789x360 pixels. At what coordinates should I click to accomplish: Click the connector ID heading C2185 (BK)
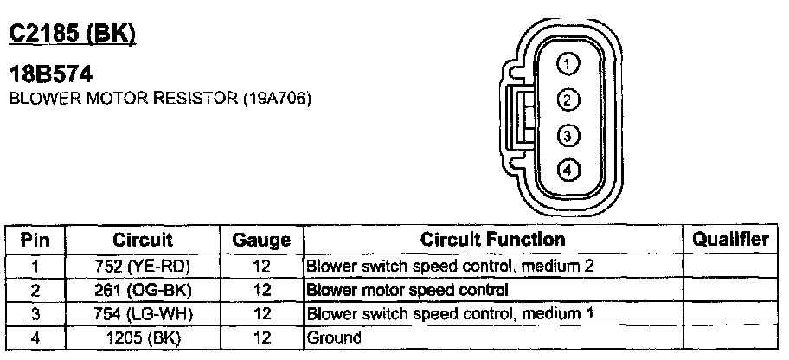click(72, 34)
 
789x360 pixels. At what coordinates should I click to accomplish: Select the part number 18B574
click(51, 75)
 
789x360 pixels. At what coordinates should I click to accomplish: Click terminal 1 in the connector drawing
click(567, 63)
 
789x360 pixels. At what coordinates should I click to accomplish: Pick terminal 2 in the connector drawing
click(567, 100)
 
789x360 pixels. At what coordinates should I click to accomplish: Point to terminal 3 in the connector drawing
click(567, 136)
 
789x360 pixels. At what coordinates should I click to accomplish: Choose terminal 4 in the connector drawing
click(567, 170)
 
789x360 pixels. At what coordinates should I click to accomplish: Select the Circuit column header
click(143, 240)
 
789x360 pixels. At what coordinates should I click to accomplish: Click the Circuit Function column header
click(492, 239)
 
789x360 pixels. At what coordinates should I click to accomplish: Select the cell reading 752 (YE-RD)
click(143, 265)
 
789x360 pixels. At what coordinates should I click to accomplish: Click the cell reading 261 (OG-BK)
click(143, 289)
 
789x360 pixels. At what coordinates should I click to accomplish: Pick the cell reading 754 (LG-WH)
click(143, 312)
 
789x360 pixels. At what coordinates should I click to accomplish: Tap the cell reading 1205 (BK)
click(143, 337)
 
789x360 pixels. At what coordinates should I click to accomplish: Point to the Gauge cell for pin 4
click(261, 337)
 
